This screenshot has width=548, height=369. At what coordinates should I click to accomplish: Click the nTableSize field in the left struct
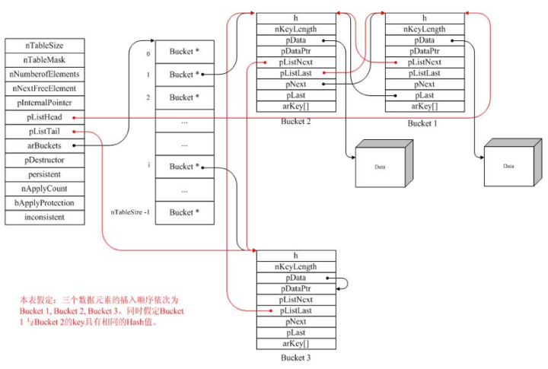(x=44, y=46)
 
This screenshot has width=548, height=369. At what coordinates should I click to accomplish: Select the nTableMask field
(x=44, y=60)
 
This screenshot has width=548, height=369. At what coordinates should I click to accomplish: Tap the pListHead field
(x=44, y=117)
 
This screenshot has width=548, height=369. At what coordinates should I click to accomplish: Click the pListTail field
(x=44, y=132)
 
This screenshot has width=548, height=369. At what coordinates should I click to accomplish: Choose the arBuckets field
(x=44, y=145)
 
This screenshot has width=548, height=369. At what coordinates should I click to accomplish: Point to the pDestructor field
(x=44, y=160)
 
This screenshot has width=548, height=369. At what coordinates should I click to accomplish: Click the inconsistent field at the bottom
(x=44, y=217)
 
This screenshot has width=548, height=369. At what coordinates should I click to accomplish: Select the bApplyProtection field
(x=44, y=202)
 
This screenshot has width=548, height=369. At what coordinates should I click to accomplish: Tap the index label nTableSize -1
(x=130, y=212)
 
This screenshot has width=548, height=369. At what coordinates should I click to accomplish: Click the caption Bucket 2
(x=296, y=122)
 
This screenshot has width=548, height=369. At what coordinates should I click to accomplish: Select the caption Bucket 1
(x=424, y=122)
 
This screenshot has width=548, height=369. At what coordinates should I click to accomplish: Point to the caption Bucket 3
(x=296, y=356)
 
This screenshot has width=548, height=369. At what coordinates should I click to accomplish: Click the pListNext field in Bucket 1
(x=424, y=62)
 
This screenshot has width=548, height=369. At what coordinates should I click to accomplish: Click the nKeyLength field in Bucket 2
(x=296, y=29)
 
